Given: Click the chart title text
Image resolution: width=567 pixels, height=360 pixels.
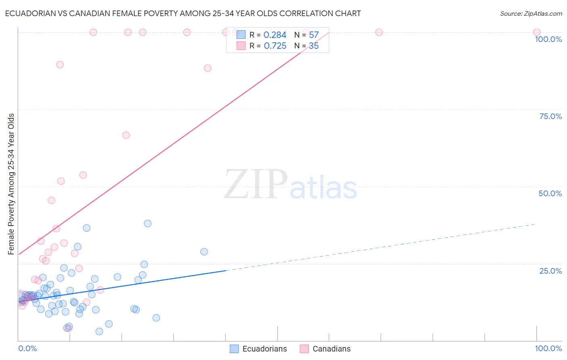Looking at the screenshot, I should (x=183, y=13).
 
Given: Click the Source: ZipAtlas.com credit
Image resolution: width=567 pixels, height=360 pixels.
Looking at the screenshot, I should (x=531, y=13).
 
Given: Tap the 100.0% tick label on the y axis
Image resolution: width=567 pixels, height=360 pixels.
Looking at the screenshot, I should (x=548, y=39).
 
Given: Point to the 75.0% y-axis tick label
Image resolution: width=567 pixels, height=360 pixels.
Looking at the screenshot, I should (x=550, y=116).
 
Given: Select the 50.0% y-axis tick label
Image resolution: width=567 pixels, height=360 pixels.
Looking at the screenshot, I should (x=550, y=193).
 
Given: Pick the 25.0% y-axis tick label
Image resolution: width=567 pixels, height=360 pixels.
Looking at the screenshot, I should (x=550, y=271).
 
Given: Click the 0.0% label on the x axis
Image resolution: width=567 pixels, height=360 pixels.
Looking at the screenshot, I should (x=27, y=349).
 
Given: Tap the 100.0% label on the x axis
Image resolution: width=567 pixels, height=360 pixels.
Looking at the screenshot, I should (x=548, y=349).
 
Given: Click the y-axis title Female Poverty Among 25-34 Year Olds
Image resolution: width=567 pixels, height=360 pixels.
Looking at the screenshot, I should (x=11, y=184).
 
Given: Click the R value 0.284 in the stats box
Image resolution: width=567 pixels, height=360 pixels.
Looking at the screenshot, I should (x=275, y=35).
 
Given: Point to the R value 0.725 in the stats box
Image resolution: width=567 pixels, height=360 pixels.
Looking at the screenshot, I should (x=275, y=46).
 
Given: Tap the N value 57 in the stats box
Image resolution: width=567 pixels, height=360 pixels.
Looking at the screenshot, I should (x=314, y=35).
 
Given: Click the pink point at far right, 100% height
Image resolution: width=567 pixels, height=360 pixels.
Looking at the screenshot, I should (x=536, y=32).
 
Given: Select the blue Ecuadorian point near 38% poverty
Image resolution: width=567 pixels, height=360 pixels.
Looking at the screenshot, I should (x=148, y=224).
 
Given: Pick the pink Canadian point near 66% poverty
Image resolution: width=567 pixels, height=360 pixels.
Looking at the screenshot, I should (x=126, y=135).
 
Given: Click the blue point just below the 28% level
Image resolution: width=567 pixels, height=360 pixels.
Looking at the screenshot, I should (x=204, y=252).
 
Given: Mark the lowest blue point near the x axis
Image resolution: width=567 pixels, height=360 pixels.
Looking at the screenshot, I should (x=99, y=331).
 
